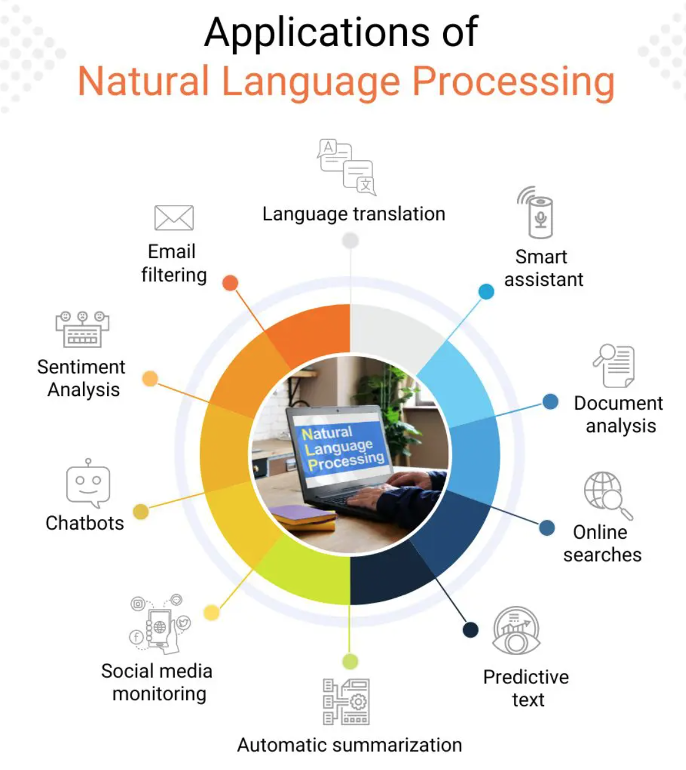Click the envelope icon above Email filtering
click(174, 218)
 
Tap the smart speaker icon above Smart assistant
click(539, 215)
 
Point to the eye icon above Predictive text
click(516, 632)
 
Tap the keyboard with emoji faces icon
click(82, 330)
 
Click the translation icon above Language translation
click(347, 166)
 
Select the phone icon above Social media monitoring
click(160, 625)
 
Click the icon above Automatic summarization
click(346, 702)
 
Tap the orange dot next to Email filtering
click(230, 283)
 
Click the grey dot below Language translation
click(350, 240)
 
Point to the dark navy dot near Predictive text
click(470, 630)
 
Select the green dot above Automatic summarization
click(350, 661)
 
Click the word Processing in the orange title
click(513, 82)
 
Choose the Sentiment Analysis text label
click(81, 378)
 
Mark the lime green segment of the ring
click(307, 575)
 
